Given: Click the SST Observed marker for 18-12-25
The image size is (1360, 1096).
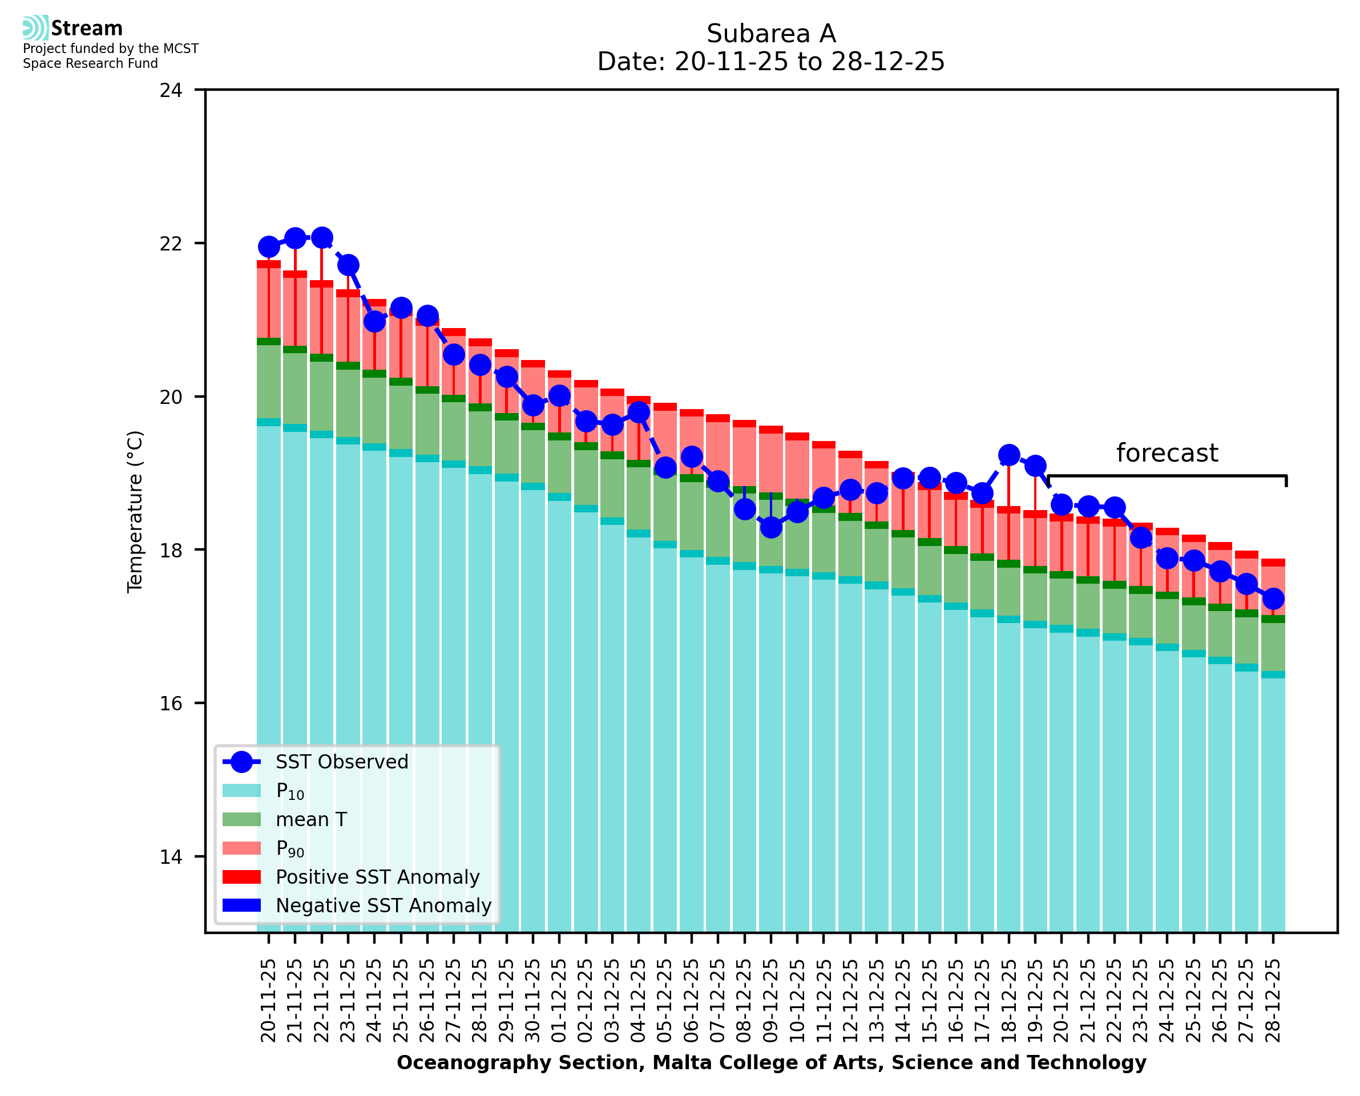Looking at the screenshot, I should click(1008, 455).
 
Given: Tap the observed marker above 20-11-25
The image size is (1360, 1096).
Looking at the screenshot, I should click(269, 247).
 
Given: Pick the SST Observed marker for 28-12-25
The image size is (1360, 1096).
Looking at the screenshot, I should click(1273, 598).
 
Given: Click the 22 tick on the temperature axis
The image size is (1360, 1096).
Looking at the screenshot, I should click(171, 244).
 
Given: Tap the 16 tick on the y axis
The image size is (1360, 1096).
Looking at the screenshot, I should click(171, 703).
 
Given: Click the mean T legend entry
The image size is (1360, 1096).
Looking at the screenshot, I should click(311, 819).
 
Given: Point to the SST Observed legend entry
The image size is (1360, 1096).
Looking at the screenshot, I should click(342, 762).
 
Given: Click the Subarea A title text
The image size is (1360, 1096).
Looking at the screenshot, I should click(771, 34).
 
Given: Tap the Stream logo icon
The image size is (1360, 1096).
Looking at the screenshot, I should click(35, 28).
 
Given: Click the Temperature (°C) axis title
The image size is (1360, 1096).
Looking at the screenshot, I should click(135, 512).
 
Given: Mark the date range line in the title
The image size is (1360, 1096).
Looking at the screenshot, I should click(771, 62).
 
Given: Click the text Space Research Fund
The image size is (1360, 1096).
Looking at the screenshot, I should click(90, 64).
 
